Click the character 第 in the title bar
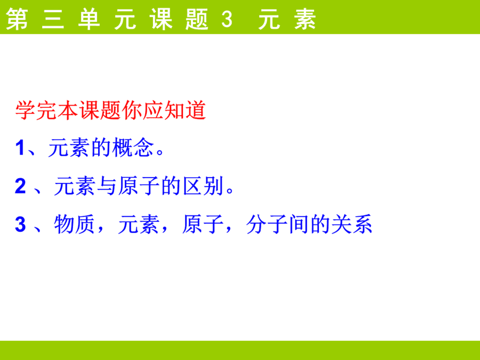pyautogui.click(x=17, y=19)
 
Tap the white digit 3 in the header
pyautogui.click(x=227, y=19)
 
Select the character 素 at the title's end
pyautogui.click(x=305, y=19)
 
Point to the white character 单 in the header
pyautogui.click(x=89, y=19)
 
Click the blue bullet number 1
pyautogui.click(x=20, y=148)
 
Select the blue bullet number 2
pyautogui.click(x=20, y=186)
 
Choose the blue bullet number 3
pyautogui.click(x=20, y=225)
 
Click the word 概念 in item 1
pyautogui.click(x=133, y=148)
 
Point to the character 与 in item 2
pyautogui.click(x=107, y=186)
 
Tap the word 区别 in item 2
pyautogui.click(x=203, y=186)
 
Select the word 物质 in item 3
pyautogui.click(x=74, y=225)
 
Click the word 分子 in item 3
pyautogui.click(x=267, y=225)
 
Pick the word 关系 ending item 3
pyautogui.click(x=352, y=225)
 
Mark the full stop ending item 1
pyautogui.click(x=160, y=152)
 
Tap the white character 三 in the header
pyautogui.click(x=53, y=19)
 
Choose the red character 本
pyautogui.click(x=68, y=110)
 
